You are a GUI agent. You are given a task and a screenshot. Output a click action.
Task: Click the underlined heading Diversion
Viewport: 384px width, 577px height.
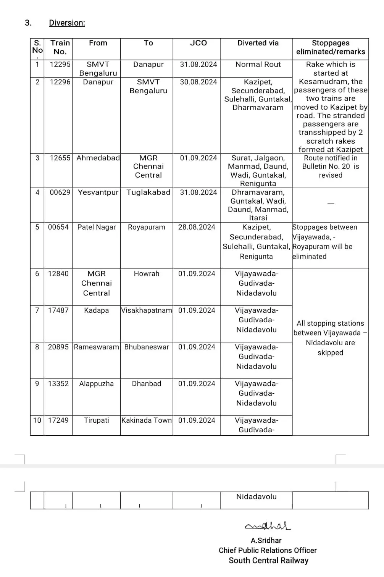click(x=67, y=23)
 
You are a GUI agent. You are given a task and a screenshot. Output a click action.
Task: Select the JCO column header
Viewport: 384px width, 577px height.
click(x=198, y=43)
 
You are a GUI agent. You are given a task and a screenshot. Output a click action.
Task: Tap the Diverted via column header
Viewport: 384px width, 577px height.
click(x=258, y=43)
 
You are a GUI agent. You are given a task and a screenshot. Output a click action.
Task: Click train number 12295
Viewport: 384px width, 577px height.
click(x=60, y=65)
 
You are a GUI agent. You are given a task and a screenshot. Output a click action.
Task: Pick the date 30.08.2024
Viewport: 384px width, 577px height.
click(x=198, y=82)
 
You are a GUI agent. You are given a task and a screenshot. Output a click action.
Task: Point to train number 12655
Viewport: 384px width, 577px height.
click(x=60, y=158)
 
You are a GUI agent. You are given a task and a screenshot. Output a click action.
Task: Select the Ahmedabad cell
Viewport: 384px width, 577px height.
click(x=98, y=158)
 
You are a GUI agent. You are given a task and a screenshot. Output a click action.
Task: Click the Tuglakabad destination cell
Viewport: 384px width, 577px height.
click(x=148, y=192)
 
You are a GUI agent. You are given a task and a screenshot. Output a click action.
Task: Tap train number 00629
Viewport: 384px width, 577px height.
click(x=60, y=192)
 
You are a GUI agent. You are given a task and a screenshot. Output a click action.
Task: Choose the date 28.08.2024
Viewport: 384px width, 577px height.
click(x=197, y=227)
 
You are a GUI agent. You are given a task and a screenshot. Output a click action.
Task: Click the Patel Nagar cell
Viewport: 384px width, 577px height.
click(x=97, y=227)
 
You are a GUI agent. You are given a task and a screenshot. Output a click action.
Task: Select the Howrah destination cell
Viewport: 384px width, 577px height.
click(x=147, y=274)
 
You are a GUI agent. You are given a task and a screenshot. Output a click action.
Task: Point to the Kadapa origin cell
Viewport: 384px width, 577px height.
click(x=97, y=310)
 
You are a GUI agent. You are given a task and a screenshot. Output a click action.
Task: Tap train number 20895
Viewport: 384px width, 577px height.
click(x=58, y=347)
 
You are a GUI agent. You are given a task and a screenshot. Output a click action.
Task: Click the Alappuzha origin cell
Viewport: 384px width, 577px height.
click(x=97, y=384)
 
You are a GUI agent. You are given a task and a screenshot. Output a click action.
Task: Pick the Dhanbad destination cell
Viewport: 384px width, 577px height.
click(x=147, y=384)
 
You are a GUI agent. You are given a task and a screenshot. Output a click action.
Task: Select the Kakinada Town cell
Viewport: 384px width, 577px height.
click(x=147, y=420)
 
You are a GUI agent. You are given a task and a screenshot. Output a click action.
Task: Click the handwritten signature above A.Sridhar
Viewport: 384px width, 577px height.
click(x=268, y=526)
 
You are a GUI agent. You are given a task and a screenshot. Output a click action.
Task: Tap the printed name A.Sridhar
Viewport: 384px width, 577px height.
click(x=266, y=541)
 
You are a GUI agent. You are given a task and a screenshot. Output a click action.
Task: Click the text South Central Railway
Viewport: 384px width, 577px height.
click(x=268, y=561)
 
